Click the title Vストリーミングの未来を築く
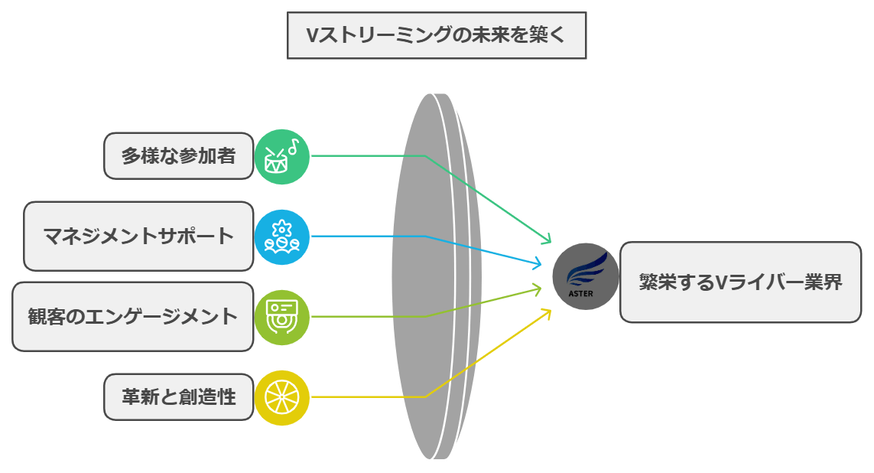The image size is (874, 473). coord(437,35)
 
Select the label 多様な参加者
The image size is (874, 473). coord(178,156)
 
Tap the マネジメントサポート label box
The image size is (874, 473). coord(138,236)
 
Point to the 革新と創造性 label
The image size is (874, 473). coord(178,397)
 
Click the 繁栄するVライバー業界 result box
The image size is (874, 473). coord(740,282)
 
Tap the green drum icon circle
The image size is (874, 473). coord(282,156)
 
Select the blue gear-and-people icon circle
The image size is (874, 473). coord(282,236)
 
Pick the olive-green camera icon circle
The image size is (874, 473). coord(282,316)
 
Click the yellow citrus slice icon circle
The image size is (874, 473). coord(282,397)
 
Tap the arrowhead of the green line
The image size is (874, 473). coord(547,240)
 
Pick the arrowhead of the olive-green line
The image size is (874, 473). coord(546,288)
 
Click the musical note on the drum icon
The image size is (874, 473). coord(294,144)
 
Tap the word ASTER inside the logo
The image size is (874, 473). coord(581,292)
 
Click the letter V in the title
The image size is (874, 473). coord(311,35)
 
